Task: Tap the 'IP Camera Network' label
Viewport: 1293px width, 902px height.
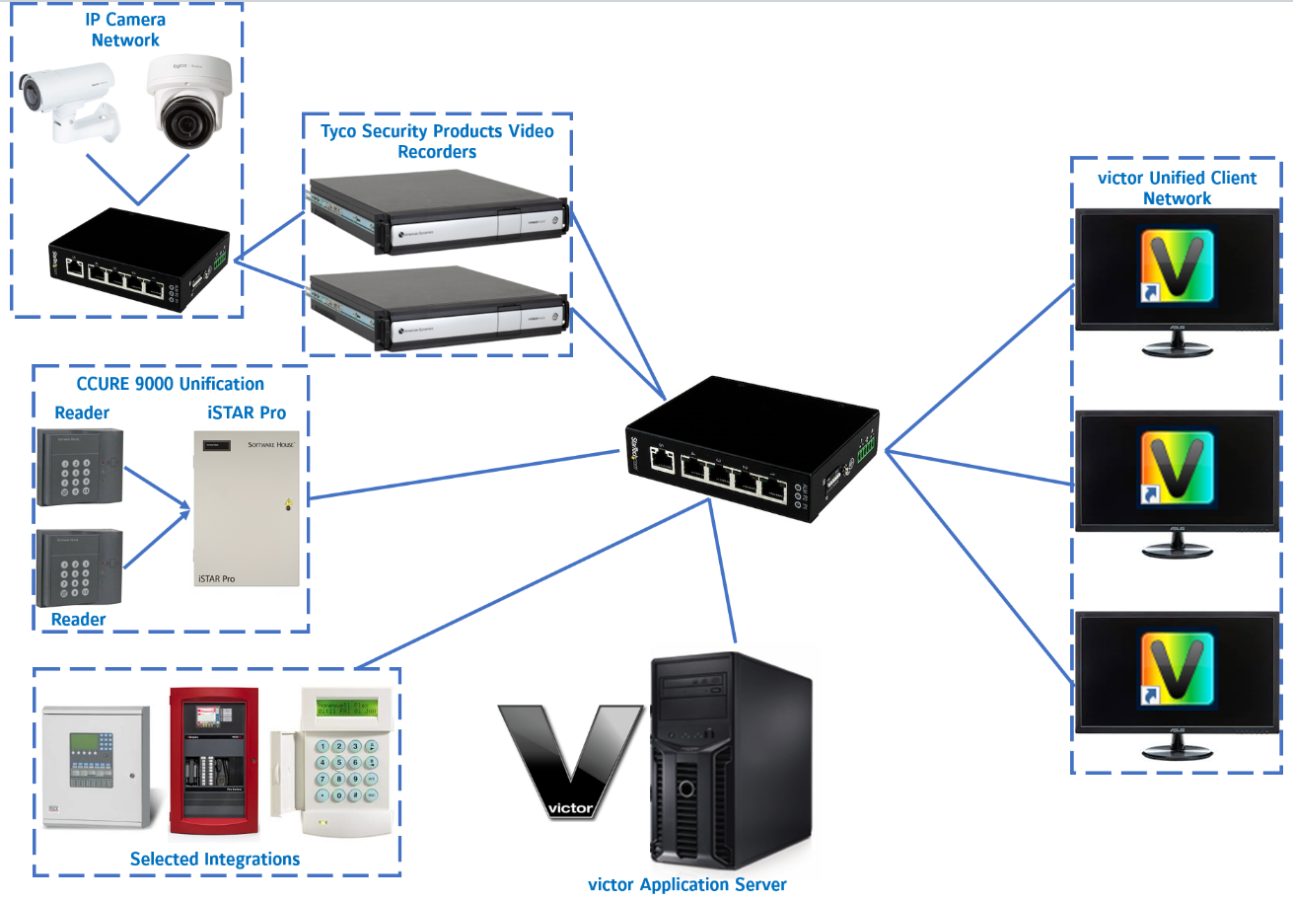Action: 125,31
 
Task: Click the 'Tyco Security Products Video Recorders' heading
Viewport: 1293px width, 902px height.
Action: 437,141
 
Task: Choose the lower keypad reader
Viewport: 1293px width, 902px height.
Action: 80,568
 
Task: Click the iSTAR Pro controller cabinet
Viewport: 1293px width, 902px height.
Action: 244,513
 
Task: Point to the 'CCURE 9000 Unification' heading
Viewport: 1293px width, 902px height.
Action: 171,384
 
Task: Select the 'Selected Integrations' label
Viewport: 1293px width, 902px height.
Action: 215,860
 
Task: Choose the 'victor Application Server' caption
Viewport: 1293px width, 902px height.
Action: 687,884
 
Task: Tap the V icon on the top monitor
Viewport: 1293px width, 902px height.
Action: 1179,265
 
